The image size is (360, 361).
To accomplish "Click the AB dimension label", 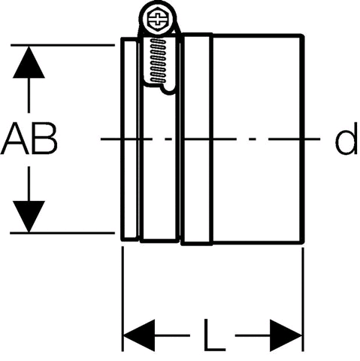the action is point(29,138).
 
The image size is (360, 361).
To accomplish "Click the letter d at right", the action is point(346,138).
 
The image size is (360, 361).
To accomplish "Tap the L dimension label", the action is point(215,335).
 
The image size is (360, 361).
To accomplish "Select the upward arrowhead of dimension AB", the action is point(29,62).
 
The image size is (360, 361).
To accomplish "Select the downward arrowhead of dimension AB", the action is point(29,217).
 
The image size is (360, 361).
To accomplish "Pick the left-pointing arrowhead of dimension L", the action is point(139,335).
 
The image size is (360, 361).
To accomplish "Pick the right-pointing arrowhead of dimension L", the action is point(286,335).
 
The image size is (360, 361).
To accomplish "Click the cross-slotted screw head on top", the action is point(158,19).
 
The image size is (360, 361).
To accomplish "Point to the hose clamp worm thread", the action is point(158,60).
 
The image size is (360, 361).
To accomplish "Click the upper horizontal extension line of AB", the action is point(62,45).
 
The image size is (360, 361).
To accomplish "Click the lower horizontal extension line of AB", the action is point(62,233).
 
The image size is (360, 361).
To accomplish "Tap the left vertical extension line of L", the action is point(123,299).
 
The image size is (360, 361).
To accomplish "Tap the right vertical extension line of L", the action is point(303,299).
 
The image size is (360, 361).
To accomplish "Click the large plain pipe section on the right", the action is point(258,138).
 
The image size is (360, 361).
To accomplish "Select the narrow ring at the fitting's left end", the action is point(129,139).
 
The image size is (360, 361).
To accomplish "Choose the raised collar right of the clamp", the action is point(196,138).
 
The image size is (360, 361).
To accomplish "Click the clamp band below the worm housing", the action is point(159,165).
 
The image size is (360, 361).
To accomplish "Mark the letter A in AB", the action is point(15,138).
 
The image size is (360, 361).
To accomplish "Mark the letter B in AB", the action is point(44,138).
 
